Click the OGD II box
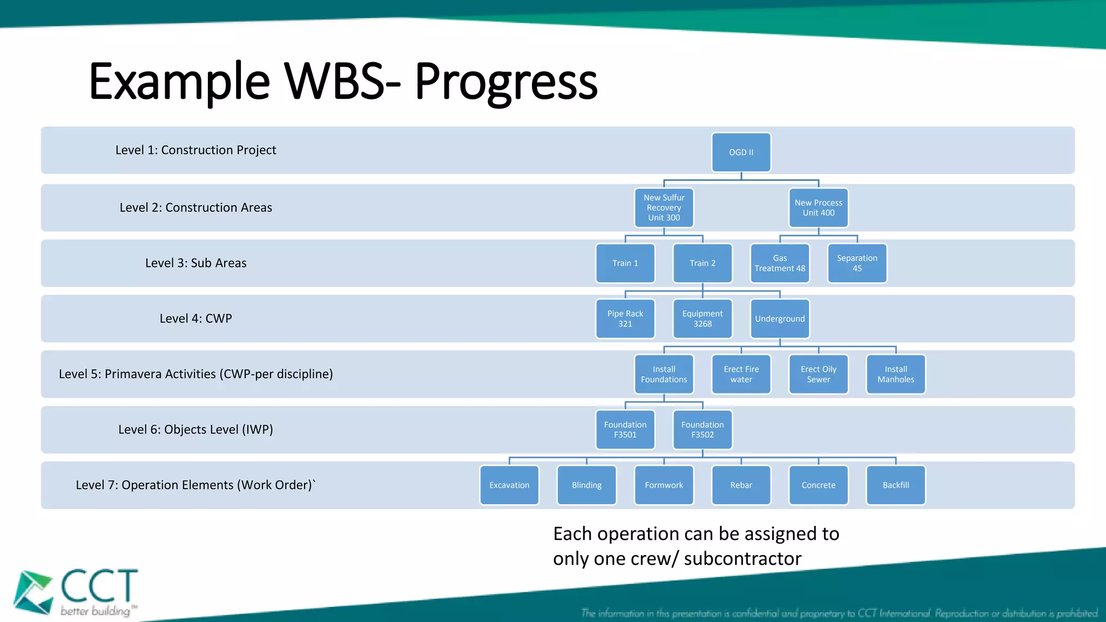(741, 152)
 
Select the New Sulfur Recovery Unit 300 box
(664, 208)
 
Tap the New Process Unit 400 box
(818, 208)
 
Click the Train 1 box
(625, 263)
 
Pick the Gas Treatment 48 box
(779, 263)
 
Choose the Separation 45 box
(857, 263)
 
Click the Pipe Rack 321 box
(625, 319)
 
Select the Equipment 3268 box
(702, 319)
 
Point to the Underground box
(779, 319)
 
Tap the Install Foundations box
(664, 374)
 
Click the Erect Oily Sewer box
(818, 374)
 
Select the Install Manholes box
(895, 374)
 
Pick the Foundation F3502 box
(702, 430)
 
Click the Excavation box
(509, 485)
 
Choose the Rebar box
(741, 485)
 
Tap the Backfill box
(895, 485)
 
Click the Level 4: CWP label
(195, 319)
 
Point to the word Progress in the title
(506, 82)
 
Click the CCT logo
(76, 592)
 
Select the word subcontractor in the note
(743, 559)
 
